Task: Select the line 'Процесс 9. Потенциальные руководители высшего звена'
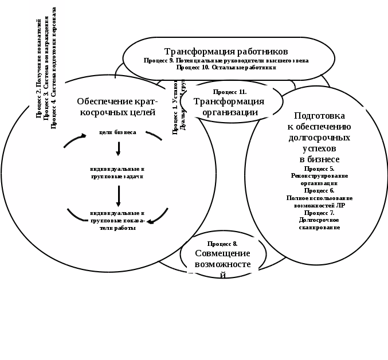pos(226,60)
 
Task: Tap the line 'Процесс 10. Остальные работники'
pos(226,67)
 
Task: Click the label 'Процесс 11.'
pos(229,92)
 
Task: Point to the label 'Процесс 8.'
pos(222,244)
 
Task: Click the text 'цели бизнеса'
pos(117,132)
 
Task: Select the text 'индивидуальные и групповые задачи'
pos(117,173)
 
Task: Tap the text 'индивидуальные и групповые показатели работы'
pos(117,221)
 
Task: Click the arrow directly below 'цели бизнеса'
pos(118,148)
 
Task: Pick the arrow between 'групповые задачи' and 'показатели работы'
pos(118,195)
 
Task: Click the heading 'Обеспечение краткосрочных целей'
pos(117,107)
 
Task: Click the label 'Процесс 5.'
pos(319,169)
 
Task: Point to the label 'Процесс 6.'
pos(319,190)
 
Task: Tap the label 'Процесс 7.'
pos(319,213)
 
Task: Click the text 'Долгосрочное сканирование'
pos(319,224)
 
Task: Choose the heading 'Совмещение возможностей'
pos(222,259)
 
